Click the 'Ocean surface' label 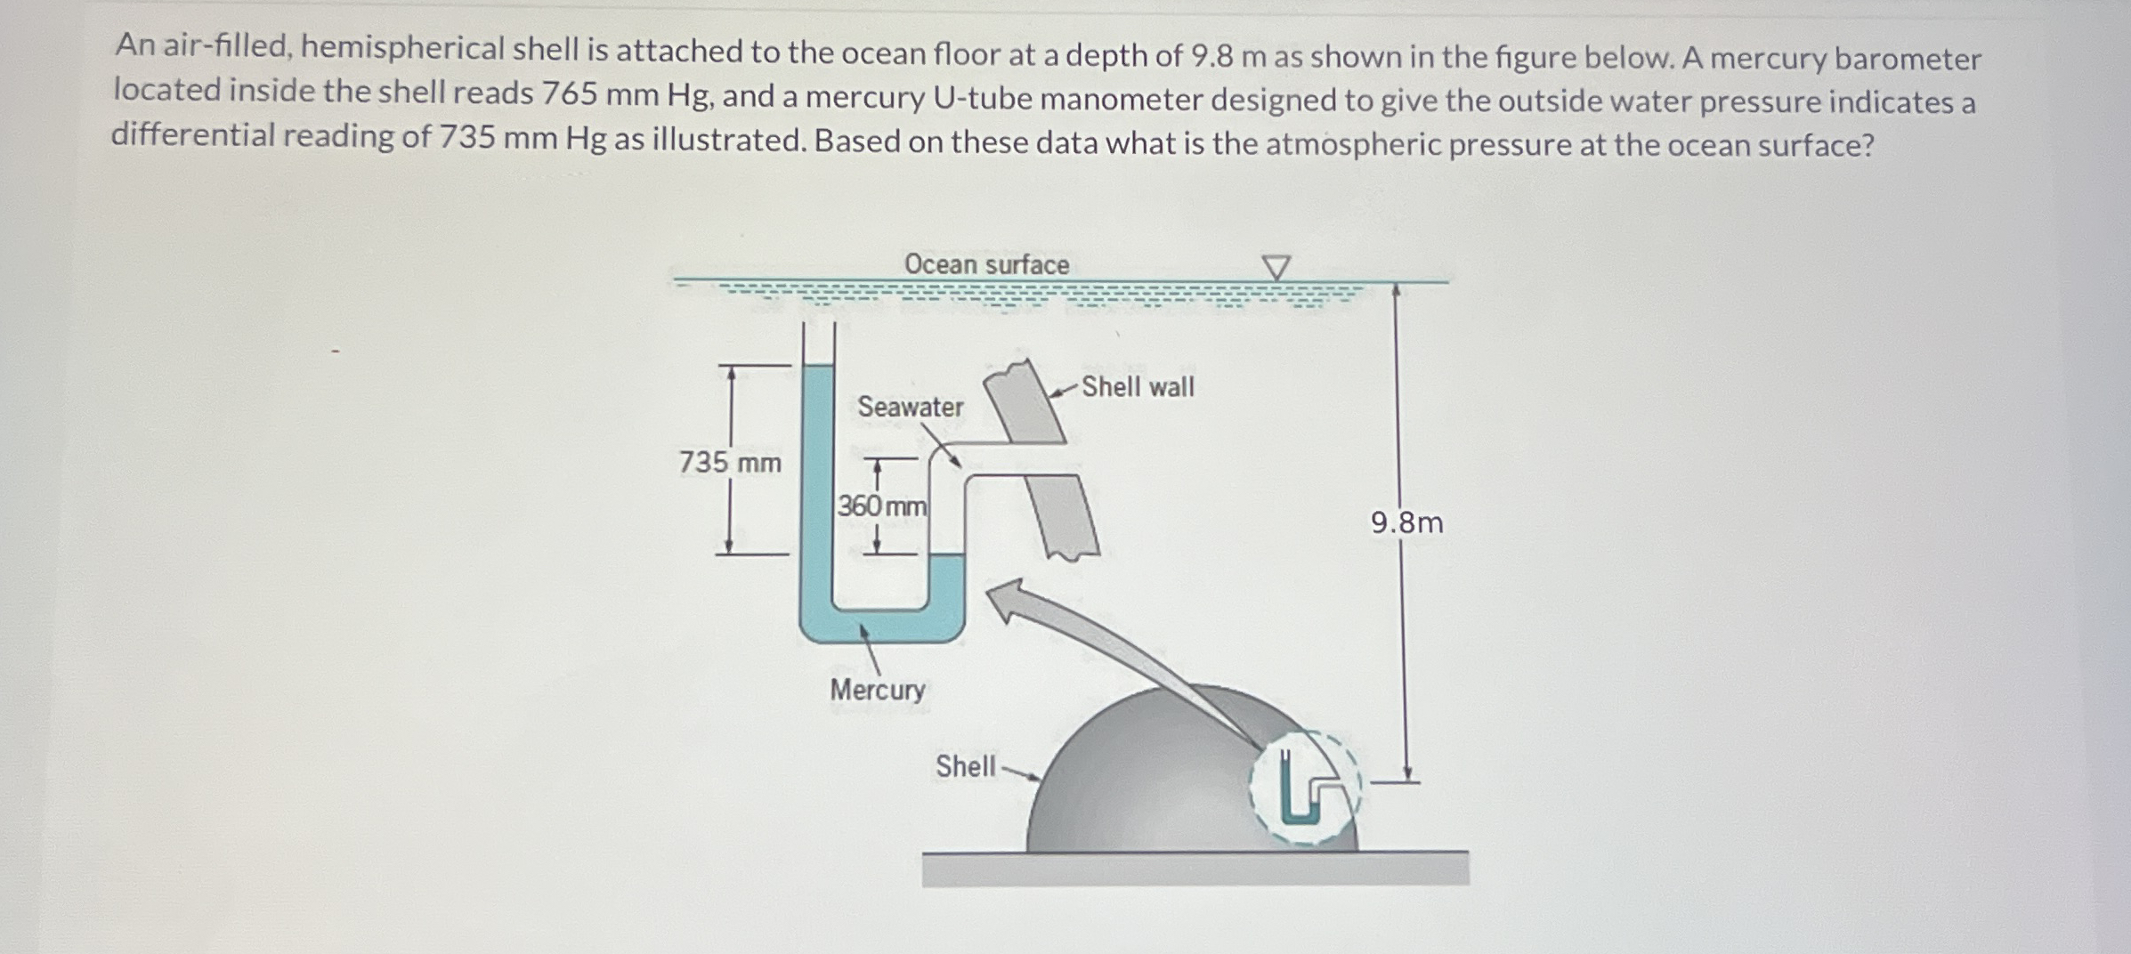point(986,264)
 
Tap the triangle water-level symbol point(1276,267)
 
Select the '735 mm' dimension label point(730,463)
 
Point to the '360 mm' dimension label point(882,506)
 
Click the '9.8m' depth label point(1406,522)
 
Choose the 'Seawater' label point(910,407)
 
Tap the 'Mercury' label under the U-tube point(878,690)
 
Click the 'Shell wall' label point(1138,387)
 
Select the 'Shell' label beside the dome point(965,766)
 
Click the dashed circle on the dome point(1305,788)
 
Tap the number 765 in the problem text point(570,93)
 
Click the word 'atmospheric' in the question point(1353,144)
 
